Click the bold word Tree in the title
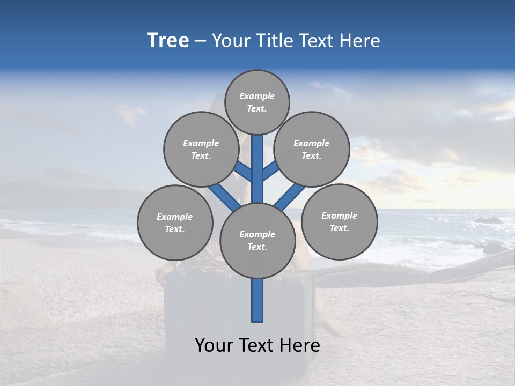168,41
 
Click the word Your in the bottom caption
214,345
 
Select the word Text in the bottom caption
255,345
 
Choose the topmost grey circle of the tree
257,102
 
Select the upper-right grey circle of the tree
312,149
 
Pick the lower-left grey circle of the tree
175,222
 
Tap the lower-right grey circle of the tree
339,221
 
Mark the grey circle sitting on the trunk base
257,241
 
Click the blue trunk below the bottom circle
257,300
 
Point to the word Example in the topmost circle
257,96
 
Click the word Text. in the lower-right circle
339,228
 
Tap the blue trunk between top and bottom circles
257,169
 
